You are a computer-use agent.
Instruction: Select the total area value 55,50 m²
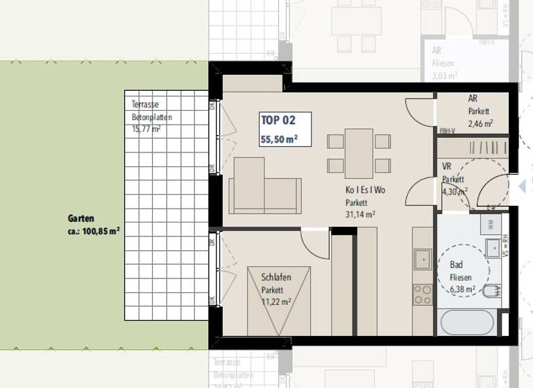click(279, 139)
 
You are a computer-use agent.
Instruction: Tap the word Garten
click(81, 218)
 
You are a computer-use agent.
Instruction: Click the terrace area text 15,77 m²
click(145, 128)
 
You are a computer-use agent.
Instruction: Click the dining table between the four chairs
click(359, 154)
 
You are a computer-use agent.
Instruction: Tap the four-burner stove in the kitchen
click(423, 294)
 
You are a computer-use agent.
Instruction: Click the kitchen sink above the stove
click(423, 260)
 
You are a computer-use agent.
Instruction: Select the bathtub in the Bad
click(466, 321)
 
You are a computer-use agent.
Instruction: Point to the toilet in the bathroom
click(491, 290)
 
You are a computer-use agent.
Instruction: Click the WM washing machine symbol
click(490, 224)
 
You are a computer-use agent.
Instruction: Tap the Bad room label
click(456, 265)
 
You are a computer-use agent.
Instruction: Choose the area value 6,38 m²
click(461, 289)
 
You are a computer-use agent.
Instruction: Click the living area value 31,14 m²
click(360, 215)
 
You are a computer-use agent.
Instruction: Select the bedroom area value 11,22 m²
click(276, 301)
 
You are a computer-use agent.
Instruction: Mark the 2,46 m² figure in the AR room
click(480, 123)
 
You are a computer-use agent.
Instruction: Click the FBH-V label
click(448, 130)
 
